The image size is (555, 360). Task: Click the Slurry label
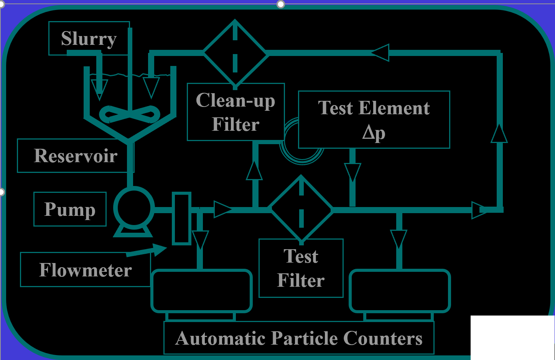[89, 39]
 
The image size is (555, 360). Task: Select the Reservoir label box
[76, 156]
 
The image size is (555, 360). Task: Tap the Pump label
[70, 209]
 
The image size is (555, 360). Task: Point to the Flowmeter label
[86, 270]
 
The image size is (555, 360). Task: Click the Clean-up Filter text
[236, 112]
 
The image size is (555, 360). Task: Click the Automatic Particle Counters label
[299, 338]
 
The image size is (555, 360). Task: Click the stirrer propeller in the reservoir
[129, 114]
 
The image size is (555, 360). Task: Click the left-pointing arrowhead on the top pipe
[380, 53]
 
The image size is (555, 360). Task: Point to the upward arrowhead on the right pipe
[499, 133]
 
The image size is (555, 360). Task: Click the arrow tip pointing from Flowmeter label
[166, 247]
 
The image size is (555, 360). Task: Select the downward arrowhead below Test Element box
[352, 172]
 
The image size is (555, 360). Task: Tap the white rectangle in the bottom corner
[512, 337]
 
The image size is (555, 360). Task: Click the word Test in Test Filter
[301, 256]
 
